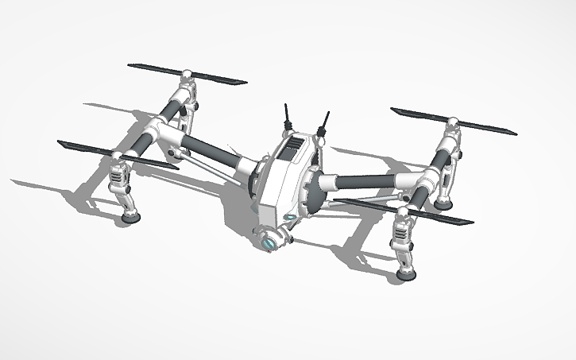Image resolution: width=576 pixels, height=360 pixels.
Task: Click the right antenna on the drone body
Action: tap(323, 122)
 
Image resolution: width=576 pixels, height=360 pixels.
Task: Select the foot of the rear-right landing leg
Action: tap(443, 204)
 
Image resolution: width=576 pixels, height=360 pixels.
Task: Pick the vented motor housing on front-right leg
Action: tap(404, 234)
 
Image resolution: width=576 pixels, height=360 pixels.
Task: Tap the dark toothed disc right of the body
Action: tap(314, 191)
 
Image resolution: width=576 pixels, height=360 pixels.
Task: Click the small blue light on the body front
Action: tap(291, 216)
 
